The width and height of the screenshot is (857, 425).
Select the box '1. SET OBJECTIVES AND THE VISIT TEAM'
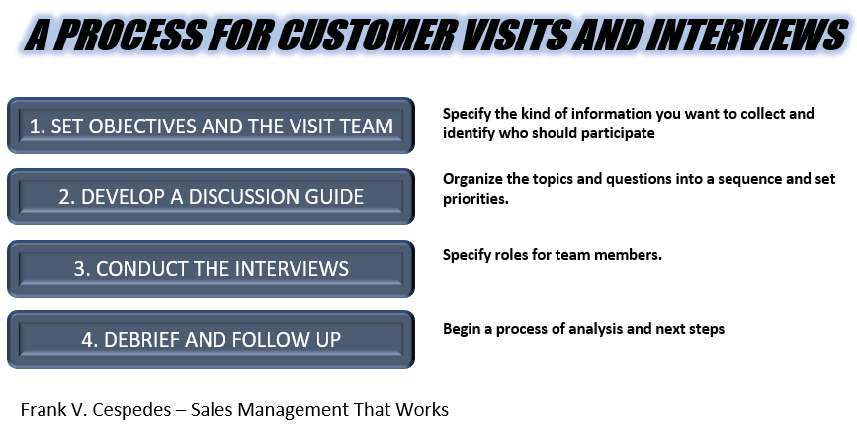coord(211,126)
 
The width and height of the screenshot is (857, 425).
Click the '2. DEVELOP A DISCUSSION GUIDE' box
coord(211,197)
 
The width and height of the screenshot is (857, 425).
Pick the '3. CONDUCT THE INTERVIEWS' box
coord(211,268)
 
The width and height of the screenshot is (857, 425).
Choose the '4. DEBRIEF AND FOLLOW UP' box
coord(211,339)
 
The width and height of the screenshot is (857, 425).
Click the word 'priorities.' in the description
coord(475,200)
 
